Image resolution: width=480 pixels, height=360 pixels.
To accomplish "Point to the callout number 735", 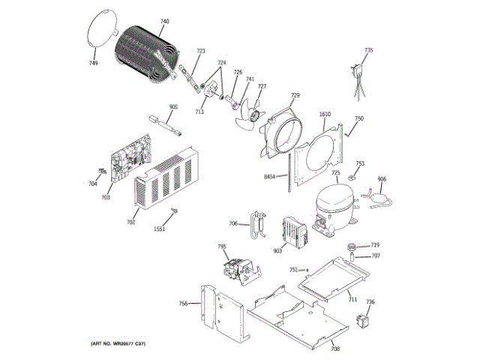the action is (x=368, y=50).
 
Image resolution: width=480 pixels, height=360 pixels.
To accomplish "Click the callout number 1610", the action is (x=325, y=115).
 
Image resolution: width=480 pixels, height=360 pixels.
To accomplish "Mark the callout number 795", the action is (x=222, y=247).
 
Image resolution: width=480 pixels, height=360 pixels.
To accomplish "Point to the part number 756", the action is (x=183, y=304).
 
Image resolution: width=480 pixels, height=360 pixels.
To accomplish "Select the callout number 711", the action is (x=352, y=299).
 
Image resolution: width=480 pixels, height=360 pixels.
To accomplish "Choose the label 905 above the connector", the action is (x=173, y=107).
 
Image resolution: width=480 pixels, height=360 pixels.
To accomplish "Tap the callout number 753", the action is (x=360, y=163).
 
